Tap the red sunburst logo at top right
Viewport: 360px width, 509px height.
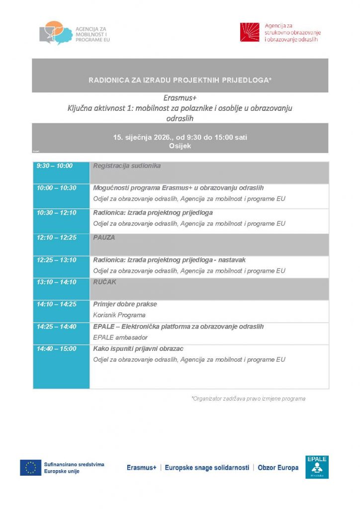click(x=250, y=32)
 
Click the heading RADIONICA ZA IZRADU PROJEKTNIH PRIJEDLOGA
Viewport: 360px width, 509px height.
click(x=180, y=80)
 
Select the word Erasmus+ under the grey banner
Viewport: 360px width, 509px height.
click(x=180, y=98)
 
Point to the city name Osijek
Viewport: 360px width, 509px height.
click(x=180, y=146)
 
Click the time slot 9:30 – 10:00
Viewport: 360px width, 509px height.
click(x=54, y=166)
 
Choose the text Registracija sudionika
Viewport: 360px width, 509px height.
click(x=127, y=166)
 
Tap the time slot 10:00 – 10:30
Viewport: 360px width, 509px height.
click(x=56, y=188)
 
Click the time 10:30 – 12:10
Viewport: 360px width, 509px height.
click(x=56, y=213)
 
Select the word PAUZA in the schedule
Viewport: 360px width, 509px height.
click(x=104, y=238)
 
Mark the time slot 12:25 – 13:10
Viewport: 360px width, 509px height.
click(x=56, y=260)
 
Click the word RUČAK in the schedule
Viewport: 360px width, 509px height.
click(x=104, y=282)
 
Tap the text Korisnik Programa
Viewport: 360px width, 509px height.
click(x=119, y=315)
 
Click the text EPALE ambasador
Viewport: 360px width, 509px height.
click(x=120, y=338)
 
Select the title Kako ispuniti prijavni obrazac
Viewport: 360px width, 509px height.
click(x=138, y=349)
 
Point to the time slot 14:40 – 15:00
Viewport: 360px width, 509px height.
click(x=56, y=349)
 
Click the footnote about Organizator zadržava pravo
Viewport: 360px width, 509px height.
click(x=248, y=399)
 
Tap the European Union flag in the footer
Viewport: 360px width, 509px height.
click(x=31, y=468)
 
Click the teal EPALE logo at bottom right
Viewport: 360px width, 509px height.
click(x=317, y=467)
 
